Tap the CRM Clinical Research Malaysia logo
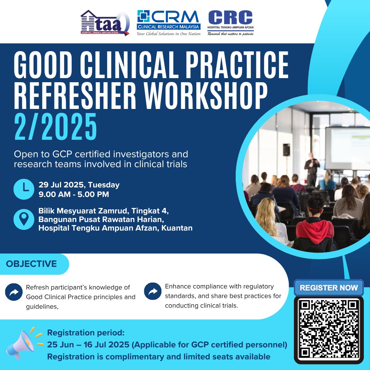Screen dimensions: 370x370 click(x=168, y=23)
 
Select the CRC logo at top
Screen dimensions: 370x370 click(x=231, y=23)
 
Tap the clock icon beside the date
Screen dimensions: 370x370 click(x=24, y=189)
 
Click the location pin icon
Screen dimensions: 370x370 click(x=24, y=219)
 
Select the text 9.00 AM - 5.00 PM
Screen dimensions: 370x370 click(x=74, y=195)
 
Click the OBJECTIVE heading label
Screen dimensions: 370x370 click(x=32, y=264)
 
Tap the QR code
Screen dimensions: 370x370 click(x=329, y=329)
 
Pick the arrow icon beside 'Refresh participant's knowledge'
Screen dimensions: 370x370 click(x=14, y=292)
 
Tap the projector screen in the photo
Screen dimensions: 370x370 click(x=347, y=148)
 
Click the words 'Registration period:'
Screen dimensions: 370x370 click(x=86, y=333)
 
